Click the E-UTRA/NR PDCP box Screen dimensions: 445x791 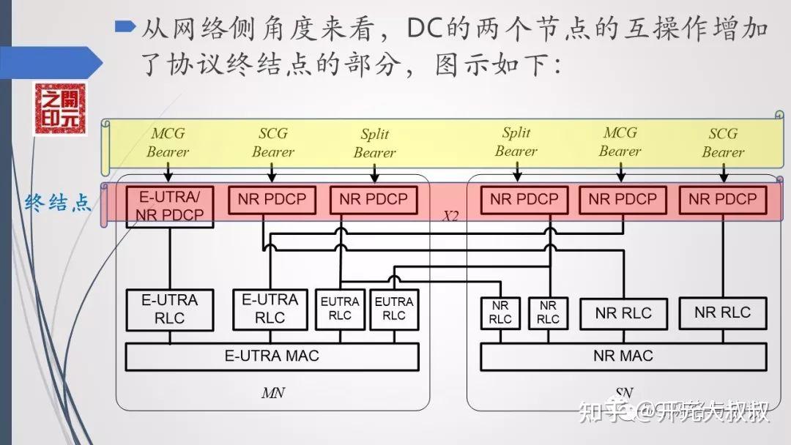pyautogui.click(x=168, y=206)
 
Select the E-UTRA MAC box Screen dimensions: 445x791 pyautogui.click(x=272, y=356)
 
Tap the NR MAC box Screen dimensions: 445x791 pyautogui.click(x=623, y=356)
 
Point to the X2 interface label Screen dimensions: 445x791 pyautogui.click(x=450, y=217)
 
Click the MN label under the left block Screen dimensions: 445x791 pyautogui.click(x=272, y=393)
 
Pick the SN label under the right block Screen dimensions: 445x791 pyautogui.click(x=623, y=393)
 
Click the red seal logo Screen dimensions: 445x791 pyautogui.click(x=59, y=109)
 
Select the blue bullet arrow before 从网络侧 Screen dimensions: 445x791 pyautogui.click(x=126, y=28)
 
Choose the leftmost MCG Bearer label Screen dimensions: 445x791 pyautogui.click(x=168, y=143)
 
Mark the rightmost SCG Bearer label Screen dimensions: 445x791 pyautogui.click(x=723, y=143)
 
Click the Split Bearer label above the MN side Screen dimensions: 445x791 pyautogui.click(x=374, y=143)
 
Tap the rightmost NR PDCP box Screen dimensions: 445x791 pyautogui.click(x=722, y=199)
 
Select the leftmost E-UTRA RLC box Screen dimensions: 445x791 pyautogui.click(x=169, y=309)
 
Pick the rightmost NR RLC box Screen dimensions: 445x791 pyautogui.click(x=722, y=313)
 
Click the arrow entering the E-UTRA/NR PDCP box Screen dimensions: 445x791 pyautogui.click(x=168, y=172)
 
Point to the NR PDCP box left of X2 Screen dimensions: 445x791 pyautogui.click(x=374, y=199)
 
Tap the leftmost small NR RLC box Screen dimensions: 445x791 pyautogui.click(x=500, y=312)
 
